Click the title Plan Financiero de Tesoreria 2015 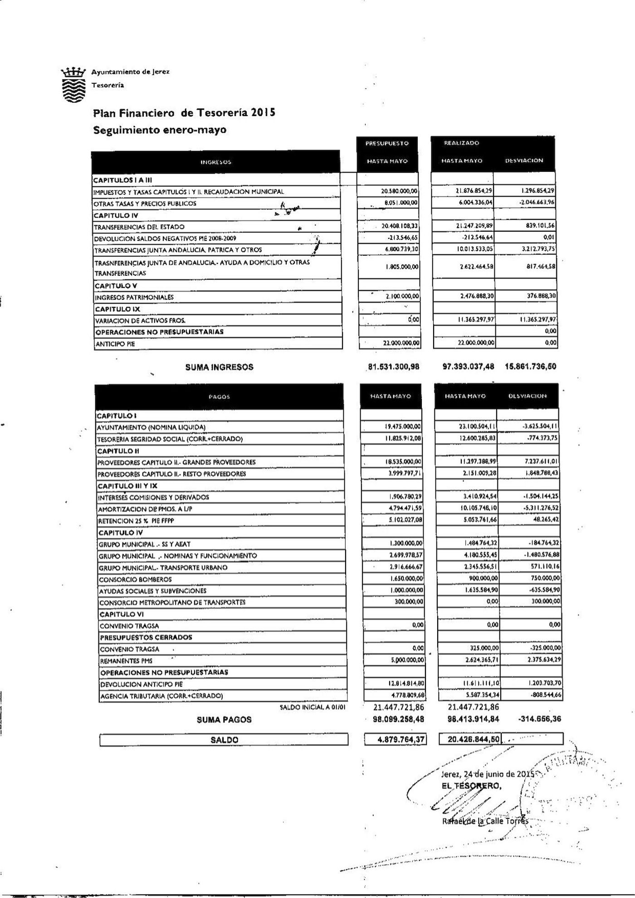184,112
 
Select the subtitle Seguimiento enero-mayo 160,130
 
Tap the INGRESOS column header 216,162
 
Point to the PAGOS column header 220,397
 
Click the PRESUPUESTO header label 387,143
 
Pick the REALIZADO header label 455,143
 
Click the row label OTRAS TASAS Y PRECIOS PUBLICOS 145,204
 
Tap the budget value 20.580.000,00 399,192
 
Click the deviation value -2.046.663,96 537,203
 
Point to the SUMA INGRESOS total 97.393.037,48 468,367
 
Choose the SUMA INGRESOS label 219,367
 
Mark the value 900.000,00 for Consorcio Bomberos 482,578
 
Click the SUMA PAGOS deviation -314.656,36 537,719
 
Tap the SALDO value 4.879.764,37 396,739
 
